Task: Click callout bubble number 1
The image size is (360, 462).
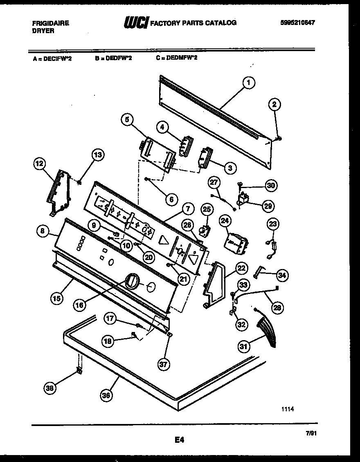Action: pos(248,83)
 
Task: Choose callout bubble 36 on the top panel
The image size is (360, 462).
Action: pos(107,395)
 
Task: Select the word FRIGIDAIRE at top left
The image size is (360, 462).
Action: pos(51,23)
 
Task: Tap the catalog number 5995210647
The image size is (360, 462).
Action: pos(298,23)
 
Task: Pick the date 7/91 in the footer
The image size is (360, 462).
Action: pos(311,433)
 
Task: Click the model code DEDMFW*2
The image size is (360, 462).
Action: pos(177,58)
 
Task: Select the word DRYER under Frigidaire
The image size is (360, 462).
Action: pos(43,31)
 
